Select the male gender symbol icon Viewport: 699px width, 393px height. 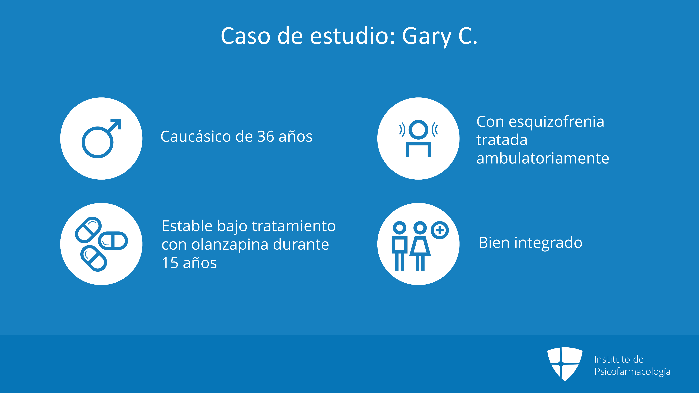click(101, 138)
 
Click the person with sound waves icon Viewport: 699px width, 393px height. click(418, 138)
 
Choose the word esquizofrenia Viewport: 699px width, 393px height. click(556, 122)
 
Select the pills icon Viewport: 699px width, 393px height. click(101, 244)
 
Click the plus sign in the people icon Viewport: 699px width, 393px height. click(440, 230)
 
